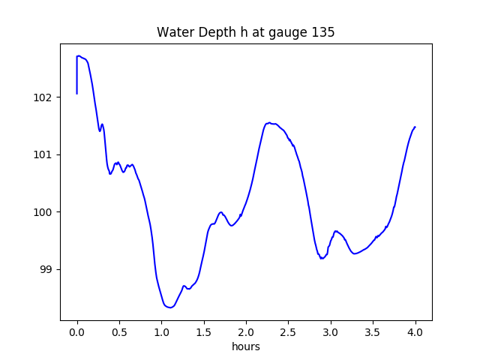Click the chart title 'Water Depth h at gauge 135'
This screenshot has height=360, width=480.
click(245, 33)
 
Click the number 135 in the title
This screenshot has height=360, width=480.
click(323, 33)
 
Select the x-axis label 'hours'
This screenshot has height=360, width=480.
click(246, 347)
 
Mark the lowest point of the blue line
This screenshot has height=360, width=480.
click(171, 307)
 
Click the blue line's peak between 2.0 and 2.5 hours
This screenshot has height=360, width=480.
click(268, 123)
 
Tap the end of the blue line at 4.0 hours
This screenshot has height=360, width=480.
click(415, 127)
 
